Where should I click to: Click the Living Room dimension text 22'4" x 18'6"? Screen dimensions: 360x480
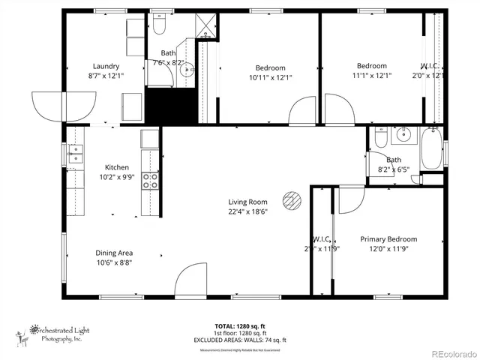coord(247,211)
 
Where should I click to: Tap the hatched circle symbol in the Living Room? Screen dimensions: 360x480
coord(291,200)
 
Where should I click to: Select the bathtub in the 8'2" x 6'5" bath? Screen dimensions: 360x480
coord(431,150)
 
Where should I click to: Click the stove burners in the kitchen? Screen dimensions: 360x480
coord(150,181)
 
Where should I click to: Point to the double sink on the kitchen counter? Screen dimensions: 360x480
coord(75,154)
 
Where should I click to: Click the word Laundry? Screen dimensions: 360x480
coord(106,66)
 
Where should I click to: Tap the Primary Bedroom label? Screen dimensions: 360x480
coord(388,239)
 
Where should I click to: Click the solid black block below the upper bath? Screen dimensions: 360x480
coord(169,102)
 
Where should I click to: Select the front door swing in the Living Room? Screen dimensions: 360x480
coord(190,280)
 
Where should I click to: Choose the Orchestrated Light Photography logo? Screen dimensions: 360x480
coord(52,334)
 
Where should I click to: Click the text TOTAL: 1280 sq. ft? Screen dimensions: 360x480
coord(239,326)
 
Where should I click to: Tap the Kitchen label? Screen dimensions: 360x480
coord(117,167)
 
